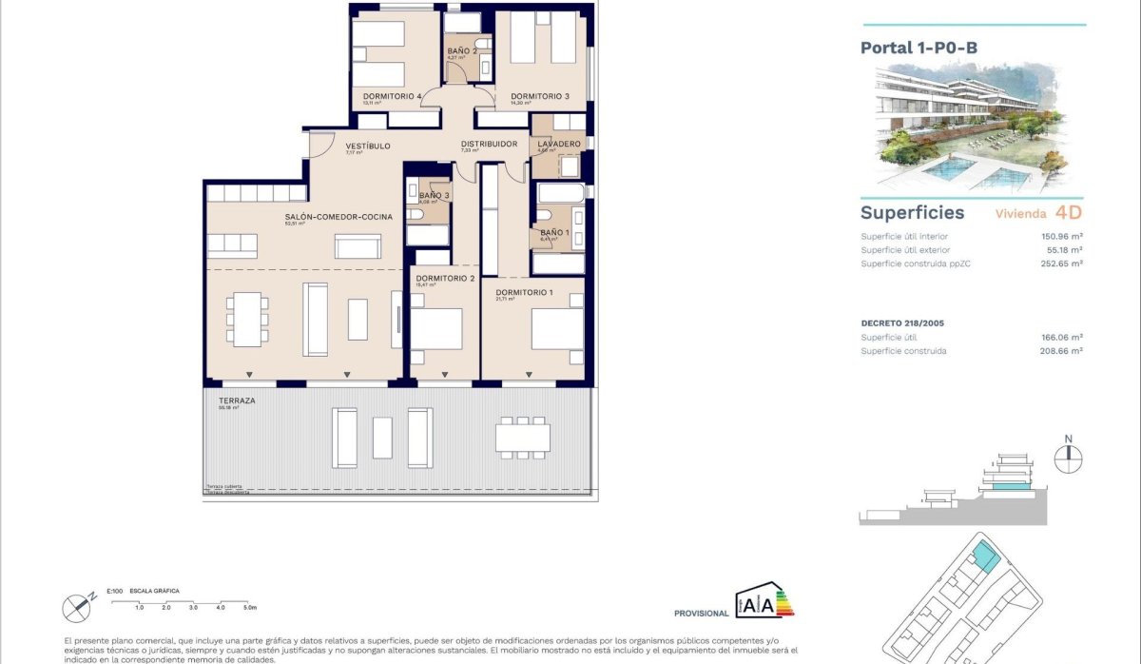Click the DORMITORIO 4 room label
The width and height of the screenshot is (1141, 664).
(391, 96)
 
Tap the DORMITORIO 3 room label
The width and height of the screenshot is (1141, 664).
(539, 96)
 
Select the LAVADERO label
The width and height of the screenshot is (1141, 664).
(558, 144)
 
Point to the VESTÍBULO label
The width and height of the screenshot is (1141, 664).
(368, 146)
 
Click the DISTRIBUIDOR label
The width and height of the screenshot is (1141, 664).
(489, 144)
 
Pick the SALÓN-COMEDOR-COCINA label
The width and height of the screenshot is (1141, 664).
(325, 217)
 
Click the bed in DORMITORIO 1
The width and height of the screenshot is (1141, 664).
(556, 329)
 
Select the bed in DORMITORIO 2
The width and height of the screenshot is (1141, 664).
(436, 330)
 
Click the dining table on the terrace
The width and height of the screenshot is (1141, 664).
(522, 437)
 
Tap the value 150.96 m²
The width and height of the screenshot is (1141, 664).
(1064, 236)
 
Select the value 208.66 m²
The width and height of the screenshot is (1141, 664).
(1064, 351)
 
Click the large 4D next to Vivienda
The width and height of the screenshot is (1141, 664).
(1069, 213)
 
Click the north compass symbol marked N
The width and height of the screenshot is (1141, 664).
(1068, 452)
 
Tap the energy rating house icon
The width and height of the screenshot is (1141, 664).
(764, 601)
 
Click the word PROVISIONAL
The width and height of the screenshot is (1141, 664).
(701, 614)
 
